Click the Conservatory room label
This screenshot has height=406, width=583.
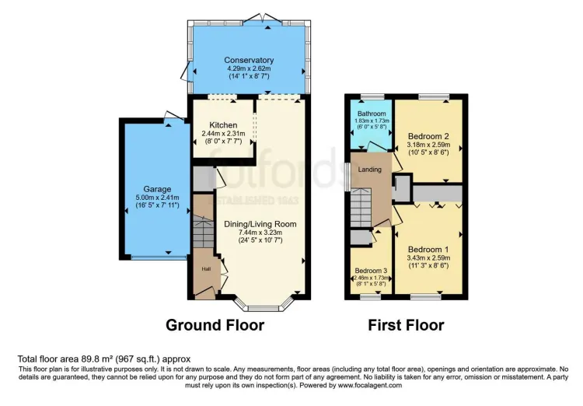pyautogui.click(x=249, y=60)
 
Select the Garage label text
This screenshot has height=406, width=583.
pyautogui.click(x=156, y=188)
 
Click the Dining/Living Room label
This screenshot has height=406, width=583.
pyautogui.click(x=260, y=224)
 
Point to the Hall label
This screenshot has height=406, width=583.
pyautogui.click(x=206, y=269)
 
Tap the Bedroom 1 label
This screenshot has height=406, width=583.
pyautogui.click(x=428, y=250)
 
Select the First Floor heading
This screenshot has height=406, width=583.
pyautogui.click(x=406, y=325)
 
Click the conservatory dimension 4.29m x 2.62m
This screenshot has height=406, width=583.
pyautogui.click(x=249, y=68)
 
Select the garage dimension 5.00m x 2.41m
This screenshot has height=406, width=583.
pyautogui.click(x=156, y=198)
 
